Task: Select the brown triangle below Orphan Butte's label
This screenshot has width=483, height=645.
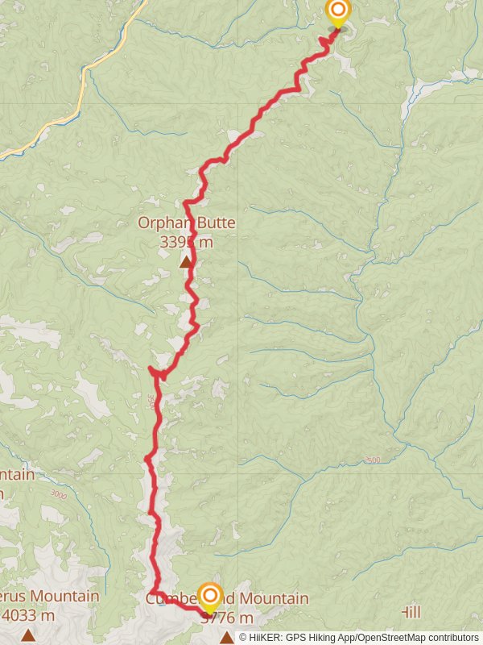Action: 186,261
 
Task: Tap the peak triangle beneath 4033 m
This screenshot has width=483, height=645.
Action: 28,635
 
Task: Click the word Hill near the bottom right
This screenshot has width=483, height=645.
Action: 411,613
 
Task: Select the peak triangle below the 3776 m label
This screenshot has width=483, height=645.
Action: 227,638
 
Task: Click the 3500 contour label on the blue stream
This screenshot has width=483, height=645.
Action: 372,460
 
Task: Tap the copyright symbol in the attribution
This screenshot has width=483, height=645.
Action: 243,637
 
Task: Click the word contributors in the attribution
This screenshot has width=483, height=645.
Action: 451,637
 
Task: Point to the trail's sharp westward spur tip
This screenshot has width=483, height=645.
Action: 150,368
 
